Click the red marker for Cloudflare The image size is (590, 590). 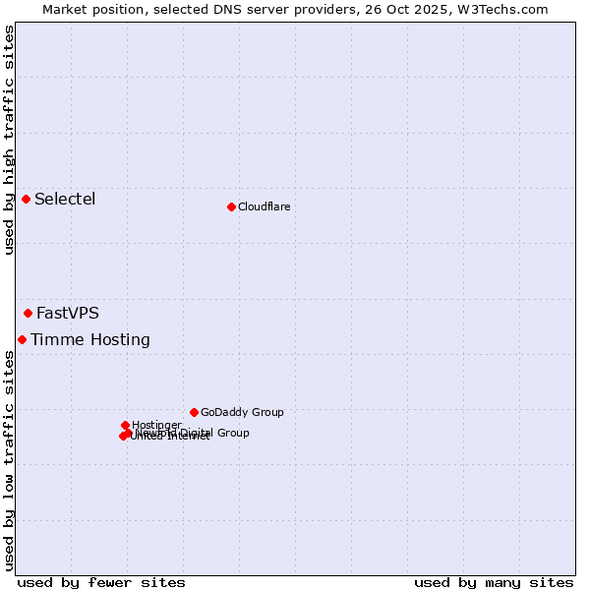pos(231,206)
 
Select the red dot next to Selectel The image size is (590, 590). pos(26,200)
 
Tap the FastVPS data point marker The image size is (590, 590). pos(28,314)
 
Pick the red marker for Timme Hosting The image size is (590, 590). pos(22,339)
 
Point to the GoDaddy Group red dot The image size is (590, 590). pos(194,412)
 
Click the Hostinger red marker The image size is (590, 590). pos(125,425)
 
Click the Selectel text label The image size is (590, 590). pos(65,200)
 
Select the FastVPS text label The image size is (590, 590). pos(68,314)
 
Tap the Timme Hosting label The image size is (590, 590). pos(90,340)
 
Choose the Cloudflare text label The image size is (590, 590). pos(264,206)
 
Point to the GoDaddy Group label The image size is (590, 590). pos(242,412)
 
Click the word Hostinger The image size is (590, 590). pos(156,425)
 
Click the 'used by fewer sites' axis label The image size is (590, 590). pos(101,582)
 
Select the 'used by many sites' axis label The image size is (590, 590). pos(494,582)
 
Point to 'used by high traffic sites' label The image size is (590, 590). pos(9,140)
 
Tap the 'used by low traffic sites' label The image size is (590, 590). pos(9,460)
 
